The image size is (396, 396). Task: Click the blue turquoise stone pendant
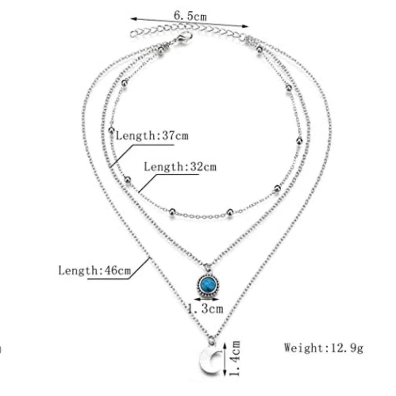pos(208,285)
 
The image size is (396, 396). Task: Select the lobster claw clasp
pos(184,38)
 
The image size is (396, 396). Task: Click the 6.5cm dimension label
pos(190,16)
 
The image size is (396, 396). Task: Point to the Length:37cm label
pos(152,135)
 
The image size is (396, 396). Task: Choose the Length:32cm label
pos(180,167)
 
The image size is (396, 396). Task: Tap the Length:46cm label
pos(95,270)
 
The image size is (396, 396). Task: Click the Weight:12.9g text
pos(324,348)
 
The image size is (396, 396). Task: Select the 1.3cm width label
pos(205,308)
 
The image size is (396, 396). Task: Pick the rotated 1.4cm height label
pos(234,358)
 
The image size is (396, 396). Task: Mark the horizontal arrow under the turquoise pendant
pos(207,299)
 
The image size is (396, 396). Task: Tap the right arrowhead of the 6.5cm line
pos(245,26)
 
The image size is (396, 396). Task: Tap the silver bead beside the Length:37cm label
pos(111,130)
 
